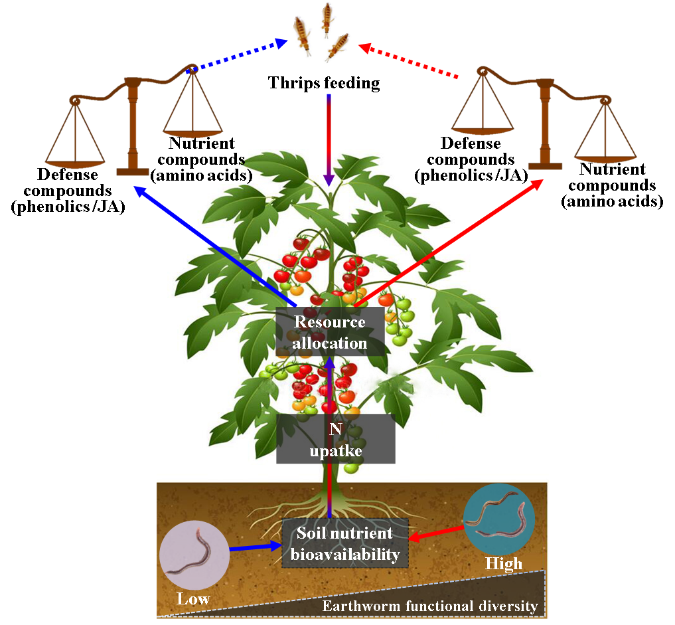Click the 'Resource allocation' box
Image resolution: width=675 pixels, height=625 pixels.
(330, 332)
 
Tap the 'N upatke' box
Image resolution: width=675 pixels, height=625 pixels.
(336, 438)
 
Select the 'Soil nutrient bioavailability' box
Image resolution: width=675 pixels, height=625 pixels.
(345, 543)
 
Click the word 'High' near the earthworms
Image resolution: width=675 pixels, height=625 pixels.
(504, 564)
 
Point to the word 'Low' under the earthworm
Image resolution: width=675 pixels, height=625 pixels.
(193, 598)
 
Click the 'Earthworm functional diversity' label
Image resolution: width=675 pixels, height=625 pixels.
(429, 606)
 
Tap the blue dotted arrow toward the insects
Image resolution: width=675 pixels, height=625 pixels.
(239, 56)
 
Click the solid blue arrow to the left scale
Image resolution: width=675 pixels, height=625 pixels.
(212, 243)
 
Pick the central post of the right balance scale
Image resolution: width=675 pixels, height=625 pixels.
(546, 123)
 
